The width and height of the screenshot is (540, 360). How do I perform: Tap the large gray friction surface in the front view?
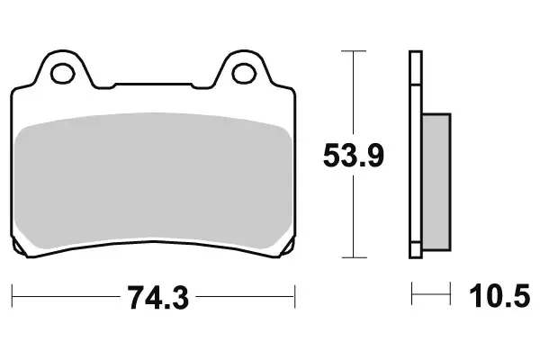tap(153, 180)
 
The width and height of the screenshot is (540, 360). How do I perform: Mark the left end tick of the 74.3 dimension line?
tap(13, 294)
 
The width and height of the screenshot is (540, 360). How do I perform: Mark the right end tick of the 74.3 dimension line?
tap(295, 294)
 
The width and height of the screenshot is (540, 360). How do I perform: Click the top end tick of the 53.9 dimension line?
tap(355, 52)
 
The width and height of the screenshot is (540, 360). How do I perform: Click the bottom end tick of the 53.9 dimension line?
tap(355, 256)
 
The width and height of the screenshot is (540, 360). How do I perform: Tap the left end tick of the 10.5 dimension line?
tap(412, 294)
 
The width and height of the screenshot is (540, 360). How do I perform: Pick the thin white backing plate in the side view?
tap(415, 153)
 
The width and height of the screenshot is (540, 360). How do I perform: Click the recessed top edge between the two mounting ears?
tap(153, 87)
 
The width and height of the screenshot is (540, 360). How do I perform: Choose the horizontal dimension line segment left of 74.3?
tap(63, 294)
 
